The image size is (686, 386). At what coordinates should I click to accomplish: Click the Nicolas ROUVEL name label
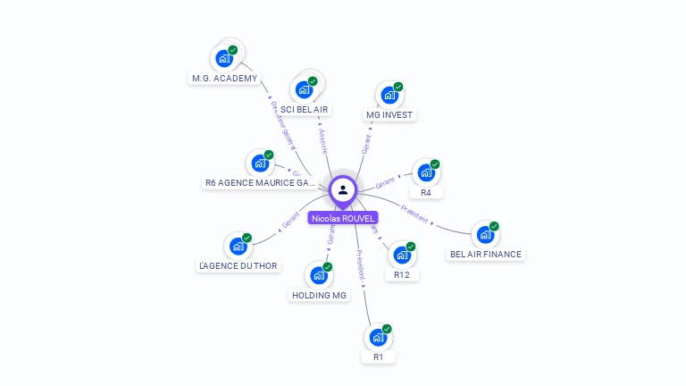[x=343, y=218]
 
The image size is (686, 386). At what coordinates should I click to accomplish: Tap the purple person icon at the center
[x=343, y=189]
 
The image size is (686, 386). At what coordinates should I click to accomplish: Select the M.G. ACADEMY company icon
[x=223, y=59]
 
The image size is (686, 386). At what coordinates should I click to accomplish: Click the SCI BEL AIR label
[x=305, y=109]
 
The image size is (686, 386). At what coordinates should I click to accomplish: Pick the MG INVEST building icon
[x=389, y=96]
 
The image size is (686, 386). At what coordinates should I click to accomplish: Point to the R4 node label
[x=426, y=192]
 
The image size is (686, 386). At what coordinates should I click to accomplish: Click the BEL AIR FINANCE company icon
[x=484, y=235]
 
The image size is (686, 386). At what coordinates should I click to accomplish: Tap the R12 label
[x=402, y=274]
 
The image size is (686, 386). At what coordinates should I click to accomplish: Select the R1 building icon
[x=378, y=338]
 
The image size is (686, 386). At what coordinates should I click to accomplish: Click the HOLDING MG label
[x=319, y=295]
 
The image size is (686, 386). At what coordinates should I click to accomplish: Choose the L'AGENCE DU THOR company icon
[x=238, y=247]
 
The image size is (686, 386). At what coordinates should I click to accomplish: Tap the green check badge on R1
[x=387, y=329]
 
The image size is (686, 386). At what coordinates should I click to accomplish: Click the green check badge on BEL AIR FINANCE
[x=494, y=226]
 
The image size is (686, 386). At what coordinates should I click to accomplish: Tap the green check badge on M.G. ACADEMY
[x=232, y=50]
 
